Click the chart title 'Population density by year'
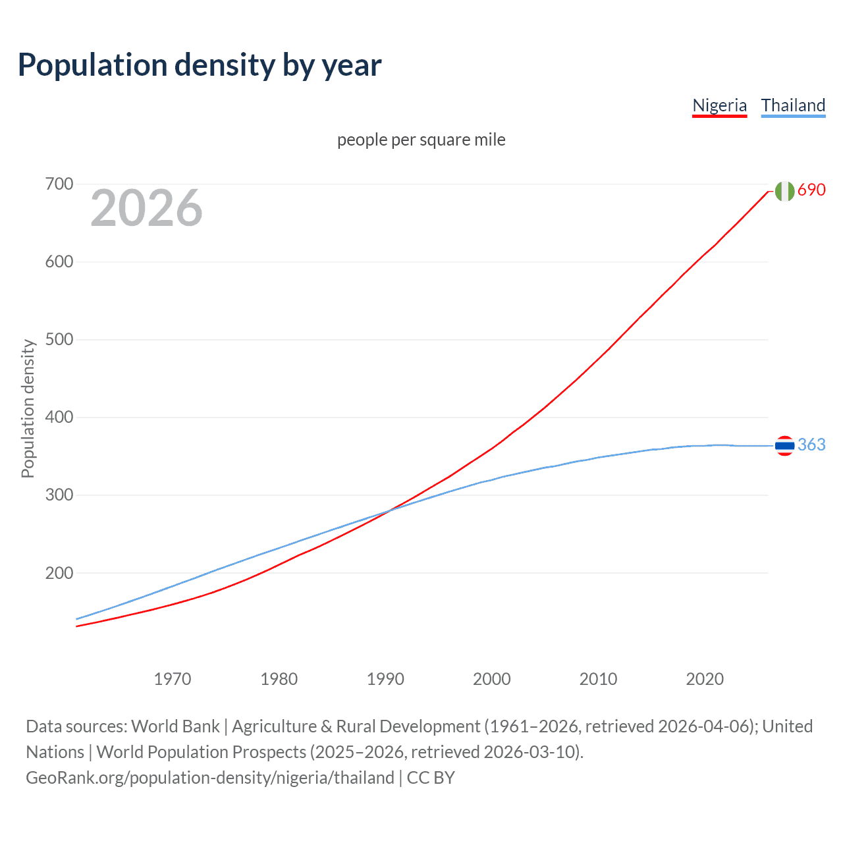click(x=200, y=65)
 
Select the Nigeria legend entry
click(x=719, y=105)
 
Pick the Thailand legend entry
click(x=793, y=105)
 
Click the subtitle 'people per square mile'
click(x=421, y=140)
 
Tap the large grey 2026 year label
click(x=146, y=208)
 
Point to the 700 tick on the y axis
click(x=59, y=184)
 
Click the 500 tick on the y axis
click(x=59, y=339)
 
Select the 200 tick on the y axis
click(x=59, y=573)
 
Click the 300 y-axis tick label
click(x=59, y=495)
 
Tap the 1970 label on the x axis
click(x=173, y=679)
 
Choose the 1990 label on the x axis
click(x=385, y=679)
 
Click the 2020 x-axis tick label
click(x=705, y=679)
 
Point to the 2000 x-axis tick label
click(x=491, y=679)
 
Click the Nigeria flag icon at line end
click(x=784, y=191)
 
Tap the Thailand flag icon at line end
click(x=784, y=446)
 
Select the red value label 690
click(x=811, y=190)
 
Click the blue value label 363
click(x=811, y=445)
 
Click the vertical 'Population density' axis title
click(x=28, y=408)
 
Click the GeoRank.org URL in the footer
click(x=210, y=778)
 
